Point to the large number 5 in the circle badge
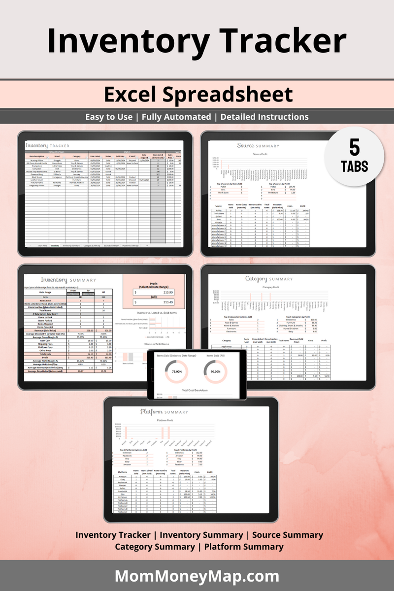(x=355, y=147)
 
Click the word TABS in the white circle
(x=355, y=166)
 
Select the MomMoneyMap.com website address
(x=197, y=576)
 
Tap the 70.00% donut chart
(x=215, y=371)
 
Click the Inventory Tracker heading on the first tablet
(x=47, y=146)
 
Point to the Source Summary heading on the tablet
(x=258, y=145)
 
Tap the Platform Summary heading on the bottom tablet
(x=164, y=412)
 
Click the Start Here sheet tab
(x=43, y=245)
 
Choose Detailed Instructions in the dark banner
(x=264, y=117)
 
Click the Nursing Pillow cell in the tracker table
(x=37, y=160)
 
